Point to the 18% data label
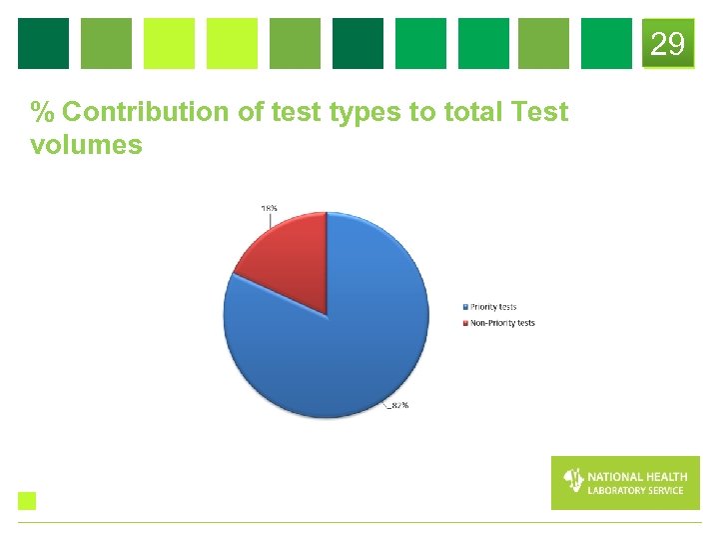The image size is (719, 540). click(x=269, y=208)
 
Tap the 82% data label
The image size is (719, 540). click(x=398, y=405)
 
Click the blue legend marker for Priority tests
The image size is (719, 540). click(x=465, y=307)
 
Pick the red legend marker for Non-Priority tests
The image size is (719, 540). click(x=465, y=323)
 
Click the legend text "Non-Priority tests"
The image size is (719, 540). click(x=503, y=323)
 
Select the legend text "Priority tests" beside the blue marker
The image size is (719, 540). click(x=494, y=307)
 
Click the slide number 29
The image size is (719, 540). click(x=668, y=44)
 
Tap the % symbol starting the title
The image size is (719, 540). click(x=42, y=112)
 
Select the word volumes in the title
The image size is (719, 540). click(x=87, y=146)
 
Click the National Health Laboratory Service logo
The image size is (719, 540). click(x=625, y=483)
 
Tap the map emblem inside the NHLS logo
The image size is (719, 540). click(x=573, y=481)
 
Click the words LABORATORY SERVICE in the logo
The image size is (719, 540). click(x=636, y=490)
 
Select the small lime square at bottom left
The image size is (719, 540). click(x=27, y=501)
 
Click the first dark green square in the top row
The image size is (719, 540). click(x=44, y=44)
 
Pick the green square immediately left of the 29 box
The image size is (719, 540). click(x=606, y=44)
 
